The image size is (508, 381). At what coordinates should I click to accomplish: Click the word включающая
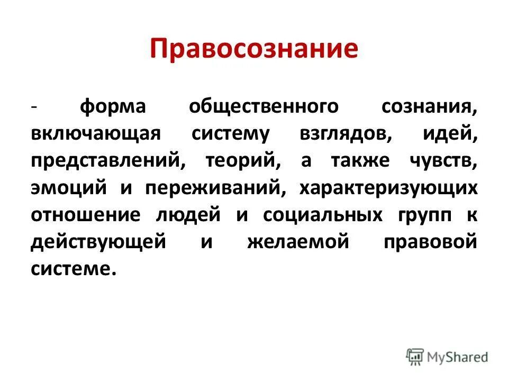pos(95,133)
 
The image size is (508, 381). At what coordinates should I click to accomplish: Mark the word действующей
pos(98,242)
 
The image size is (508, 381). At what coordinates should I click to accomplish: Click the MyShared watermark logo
pos(447,357)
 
